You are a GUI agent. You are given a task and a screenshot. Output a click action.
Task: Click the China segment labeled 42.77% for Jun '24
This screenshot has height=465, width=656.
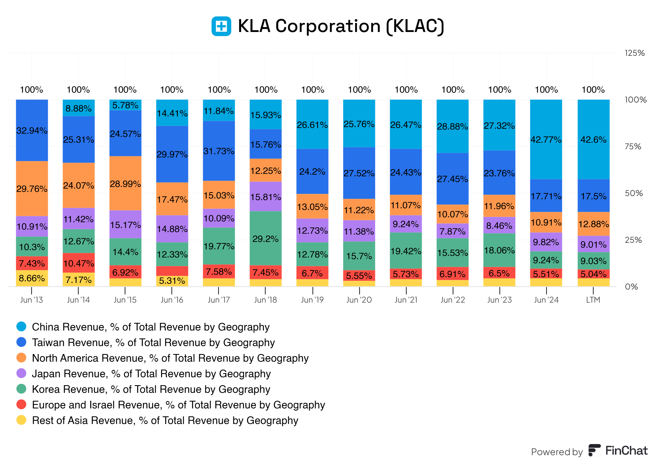point(546,139)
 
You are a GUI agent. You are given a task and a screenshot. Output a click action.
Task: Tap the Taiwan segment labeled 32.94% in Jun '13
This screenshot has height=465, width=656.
point(32,130)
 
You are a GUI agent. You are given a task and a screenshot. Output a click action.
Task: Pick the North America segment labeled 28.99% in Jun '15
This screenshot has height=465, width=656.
point(125,183)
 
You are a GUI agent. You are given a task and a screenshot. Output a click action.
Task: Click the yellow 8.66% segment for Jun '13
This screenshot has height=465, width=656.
point(32,278)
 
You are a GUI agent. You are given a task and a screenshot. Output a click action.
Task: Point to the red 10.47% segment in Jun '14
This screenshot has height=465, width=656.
point(78,263)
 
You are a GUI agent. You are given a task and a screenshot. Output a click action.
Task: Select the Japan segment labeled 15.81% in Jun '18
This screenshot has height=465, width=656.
point(265,197)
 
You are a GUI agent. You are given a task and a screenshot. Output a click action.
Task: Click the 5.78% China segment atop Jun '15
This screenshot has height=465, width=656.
point(125,105)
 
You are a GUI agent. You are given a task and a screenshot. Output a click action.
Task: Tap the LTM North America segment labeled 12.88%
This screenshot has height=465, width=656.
point(593,224)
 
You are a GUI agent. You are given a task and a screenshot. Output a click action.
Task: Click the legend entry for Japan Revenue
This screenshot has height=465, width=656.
point(151,374)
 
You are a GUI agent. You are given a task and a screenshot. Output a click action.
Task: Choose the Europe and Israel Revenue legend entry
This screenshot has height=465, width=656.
point(178,405)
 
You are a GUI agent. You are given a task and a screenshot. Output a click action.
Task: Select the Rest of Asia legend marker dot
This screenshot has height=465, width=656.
point(21,420)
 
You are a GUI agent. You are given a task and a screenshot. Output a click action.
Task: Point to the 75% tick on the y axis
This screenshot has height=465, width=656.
point(633,147)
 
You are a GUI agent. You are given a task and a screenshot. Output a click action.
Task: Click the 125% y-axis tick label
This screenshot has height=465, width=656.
point(634,53)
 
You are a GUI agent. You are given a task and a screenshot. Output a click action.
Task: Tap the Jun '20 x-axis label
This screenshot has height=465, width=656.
point(359,300)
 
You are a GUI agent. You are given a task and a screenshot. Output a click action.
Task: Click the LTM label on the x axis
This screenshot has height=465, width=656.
point(593,300)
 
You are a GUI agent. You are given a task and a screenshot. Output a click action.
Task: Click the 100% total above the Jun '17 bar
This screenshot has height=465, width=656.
point(219,90)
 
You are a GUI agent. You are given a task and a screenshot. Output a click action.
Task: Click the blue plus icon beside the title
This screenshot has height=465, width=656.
point(221,26)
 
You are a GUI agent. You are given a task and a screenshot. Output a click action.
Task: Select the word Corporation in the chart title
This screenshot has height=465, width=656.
point(328,26)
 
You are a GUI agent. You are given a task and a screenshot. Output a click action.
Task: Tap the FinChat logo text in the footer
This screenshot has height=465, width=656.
point(626,451)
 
